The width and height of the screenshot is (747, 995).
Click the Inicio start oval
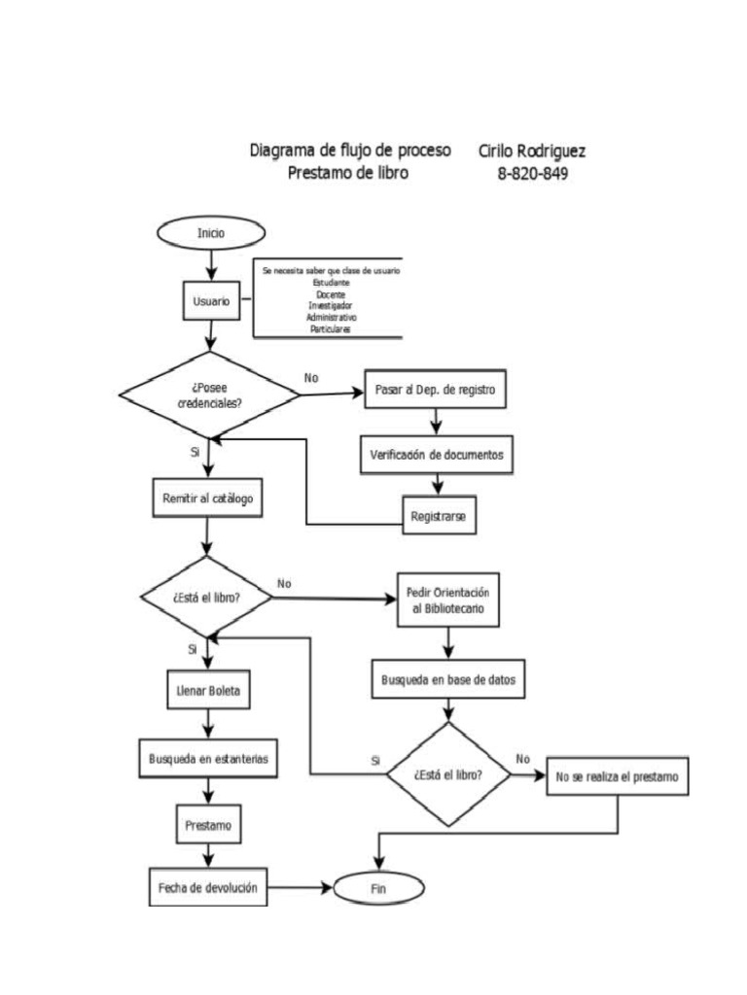pyautogui.click(x=209, y=233)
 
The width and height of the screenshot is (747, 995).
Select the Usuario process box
pyautogui.click(x=211, y=301)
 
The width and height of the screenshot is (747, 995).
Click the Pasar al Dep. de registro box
pyautogui.click(x=436, y=393)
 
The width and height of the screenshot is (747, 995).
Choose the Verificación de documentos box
pyautogui.click(x=437, y=454)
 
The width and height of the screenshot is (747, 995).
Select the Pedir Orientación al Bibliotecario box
pyautogui.click(x=447, y=601)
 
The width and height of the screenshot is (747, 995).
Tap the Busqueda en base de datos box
pyautogui.click(x=448, y=680)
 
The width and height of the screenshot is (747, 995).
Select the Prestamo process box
pyautogui.click(x=208, y=826)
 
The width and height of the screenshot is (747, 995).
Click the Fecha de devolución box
pyautogui.click(x=208, y=887)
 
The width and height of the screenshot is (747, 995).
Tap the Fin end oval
pyautogui.click(x=378, y=888)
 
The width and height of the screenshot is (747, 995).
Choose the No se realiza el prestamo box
pyautogui.click(x=618, y=778)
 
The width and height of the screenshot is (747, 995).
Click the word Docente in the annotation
pyautogui.click(x=331, y=292)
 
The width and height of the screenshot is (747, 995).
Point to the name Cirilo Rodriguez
pyautogui.click(x=531, y=152)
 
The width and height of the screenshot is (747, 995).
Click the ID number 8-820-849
pyautogui.click(x=533, y=174)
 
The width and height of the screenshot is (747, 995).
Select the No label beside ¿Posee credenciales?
pyautogui.click(x=311, y=377)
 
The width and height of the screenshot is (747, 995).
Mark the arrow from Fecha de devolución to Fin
pyautogui.click(x=301, y=888)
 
